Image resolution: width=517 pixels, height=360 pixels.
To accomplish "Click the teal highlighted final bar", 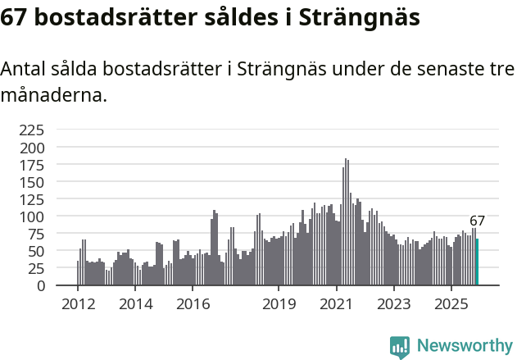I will pyautogui.click(x=477, y=262).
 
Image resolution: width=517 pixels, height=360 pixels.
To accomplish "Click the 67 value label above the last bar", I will pyautogui.click(x=477, y=221).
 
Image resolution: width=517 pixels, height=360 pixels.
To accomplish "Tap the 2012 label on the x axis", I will pyautogui.click(x=78, y=304).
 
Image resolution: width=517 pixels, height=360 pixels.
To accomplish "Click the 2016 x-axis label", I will pyautogui.click(x=193, y=304).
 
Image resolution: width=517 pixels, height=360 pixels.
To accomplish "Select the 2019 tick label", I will pyautogui.click(x=279, y=304).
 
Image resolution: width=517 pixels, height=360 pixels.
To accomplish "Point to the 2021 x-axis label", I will pyautogui.click(x=336, y=304).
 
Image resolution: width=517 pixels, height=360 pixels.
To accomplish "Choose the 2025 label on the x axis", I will pyautogui.click(x=451, y=304).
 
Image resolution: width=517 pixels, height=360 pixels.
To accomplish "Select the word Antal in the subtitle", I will pyautogui.click(x=23, y=71).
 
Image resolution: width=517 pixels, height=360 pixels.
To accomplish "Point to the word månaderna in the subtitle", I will pyautogui.click(x=53, y=95).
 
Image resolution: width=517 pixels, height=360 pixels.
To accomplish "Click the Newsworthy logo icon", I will pyautogui.click(x=400, y=346).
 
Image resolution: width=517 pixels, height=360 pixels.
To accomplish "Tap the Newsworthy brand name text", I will pyautogui.click(x=465, y=346).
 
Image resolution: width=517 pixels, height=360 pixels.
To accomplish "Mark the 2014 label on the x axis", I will pyautogui.click(x=135, y=304).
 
